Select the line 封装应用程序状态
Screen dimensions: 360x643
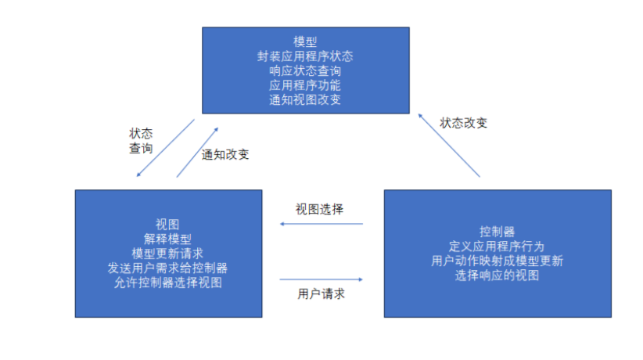[305, 56]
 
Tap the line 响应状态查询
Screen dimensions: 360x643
[305, 71]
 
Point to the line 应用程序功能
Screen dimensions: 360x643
[305, 85]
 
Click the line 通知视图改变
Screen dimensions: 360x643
[305, 100]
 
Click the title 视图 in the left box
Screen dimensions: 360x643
[167, 225]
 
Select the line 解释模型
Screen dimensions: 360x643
[167, 239]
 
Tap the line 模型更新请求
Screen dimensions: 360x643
[167, 254]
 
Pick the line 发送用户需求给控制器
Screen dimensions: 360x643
[167, 268]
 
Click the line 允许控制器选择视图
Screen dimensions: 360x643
[167, 283]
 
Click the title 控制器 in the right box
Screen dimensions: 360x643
[498, 232]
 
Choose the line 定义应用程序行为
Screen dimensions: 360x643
[498, 247]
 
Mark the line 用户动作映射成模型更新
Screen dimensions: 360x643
[498, 261]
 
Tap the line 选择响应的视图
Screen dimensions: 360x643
[498, 275]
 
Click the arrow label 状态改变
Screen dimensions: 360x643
[464, 123]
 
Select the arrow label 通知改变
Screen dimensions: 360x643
[225, 154]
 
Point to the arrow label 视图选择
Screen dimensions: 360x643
[319, 209]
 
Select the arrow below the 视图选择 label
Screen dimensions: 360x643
[321, 225]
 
